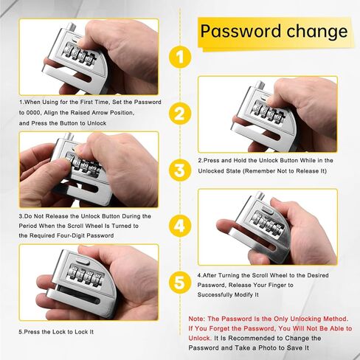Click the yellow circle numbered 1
(180, 58)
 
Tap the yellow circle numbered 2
(180, 114)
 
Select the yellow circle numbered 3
(180, 170)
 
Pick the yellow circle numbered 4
(180, 226)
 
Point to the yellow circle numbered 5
(180, 282)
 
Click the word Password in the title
(240, 31)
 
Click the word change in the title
(317, 32)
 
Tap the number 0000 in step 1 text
(32, 113)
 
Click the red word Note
(196, 319)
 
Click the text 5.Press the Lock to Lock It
(56, 332)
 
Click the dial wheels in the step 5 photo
(86, 275)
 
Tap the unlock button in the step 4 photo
(268, 210)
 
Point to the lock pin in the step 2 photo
(260, 85)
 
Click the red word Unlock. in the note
(200, 339)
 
